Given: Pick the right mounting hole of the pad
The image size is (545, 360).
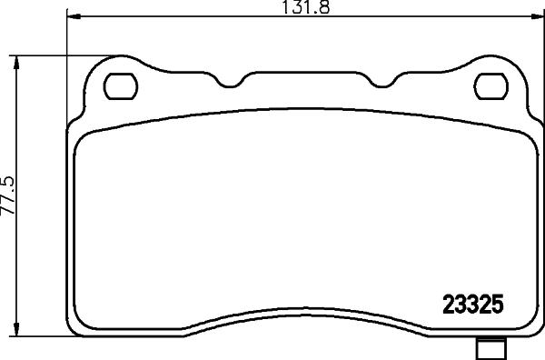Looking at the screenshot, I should pos(490,86).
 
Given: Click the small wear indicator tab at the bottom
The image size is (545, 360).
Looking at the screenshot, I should pos(491,348).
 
